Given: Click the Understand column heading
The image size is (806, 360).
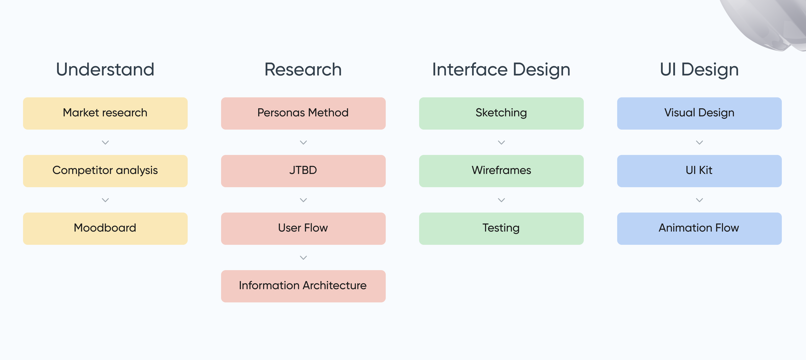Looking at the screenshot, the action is click(105, 69).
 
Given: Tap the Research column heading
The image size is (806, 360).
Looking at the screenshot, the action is click(303, 69).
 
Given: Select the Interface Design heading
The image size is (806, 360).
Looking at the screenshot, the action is click(501, 70).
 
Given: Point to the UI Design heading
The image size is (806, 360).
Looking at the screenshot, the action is click(699, 70).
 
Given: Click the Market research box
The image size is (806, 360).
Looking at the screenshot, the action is click(105, 113).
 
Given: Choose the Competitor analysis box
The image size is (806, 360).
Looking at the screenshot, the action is click(105, 171).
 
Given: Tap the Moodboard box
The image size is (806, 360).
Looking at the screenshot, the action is click(105, 228).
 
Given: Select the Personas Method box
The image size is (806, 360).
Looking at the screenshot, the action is click(303, 113).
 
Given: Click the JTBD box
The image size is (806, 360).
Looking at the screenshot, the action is click(303, 171).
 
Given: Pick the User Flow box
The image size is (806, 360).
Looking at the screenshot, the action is click(303, 228).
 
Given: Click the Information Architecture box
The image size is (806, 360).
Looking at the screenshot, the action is click(303, 286).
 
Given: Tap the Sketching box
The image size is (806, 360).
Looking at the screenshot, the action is click(501, 113).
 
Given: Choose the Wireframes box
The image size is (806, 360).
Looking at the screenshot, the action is click(501, 171).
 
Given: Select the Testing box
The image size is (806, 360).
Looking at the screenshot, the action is click(501, 228).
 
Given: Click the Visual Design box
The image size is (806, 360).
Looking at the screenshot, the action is click(699, 113).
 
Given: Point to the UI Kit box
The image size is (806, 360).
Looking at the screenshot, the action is click(699, 171).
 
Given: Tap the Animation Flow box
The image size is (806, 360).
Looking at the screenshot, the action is click(699, 228).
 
